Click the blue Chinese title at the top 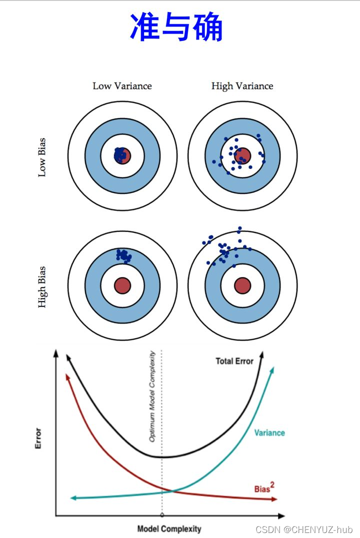[176, 27]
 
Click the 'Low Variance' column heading [122, 86]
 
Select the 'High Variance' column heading [242, 86]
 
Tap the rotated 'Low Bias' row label [42, 157]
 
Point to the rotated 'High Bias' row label [42, 286]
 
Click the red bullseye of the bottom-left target [122, 285]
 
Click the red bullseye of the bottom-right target [242, 285]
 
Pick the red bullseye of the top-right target [242, 155]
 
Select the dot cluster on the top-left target [120, 155]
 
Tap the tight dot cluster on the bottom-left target [123, 256]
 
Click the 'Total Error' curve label [234, 361]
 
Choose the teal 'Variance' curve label [269, 432]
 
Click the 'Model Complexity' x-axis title [169, 528]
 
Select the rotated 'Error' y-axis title [38, 438]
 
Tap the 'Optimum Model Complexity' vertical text [152, 396]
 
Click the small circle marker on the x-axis [162, 515]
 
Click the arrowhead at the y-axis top [55, 354]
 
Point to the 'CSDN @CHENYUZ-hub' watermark [304, 529]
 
